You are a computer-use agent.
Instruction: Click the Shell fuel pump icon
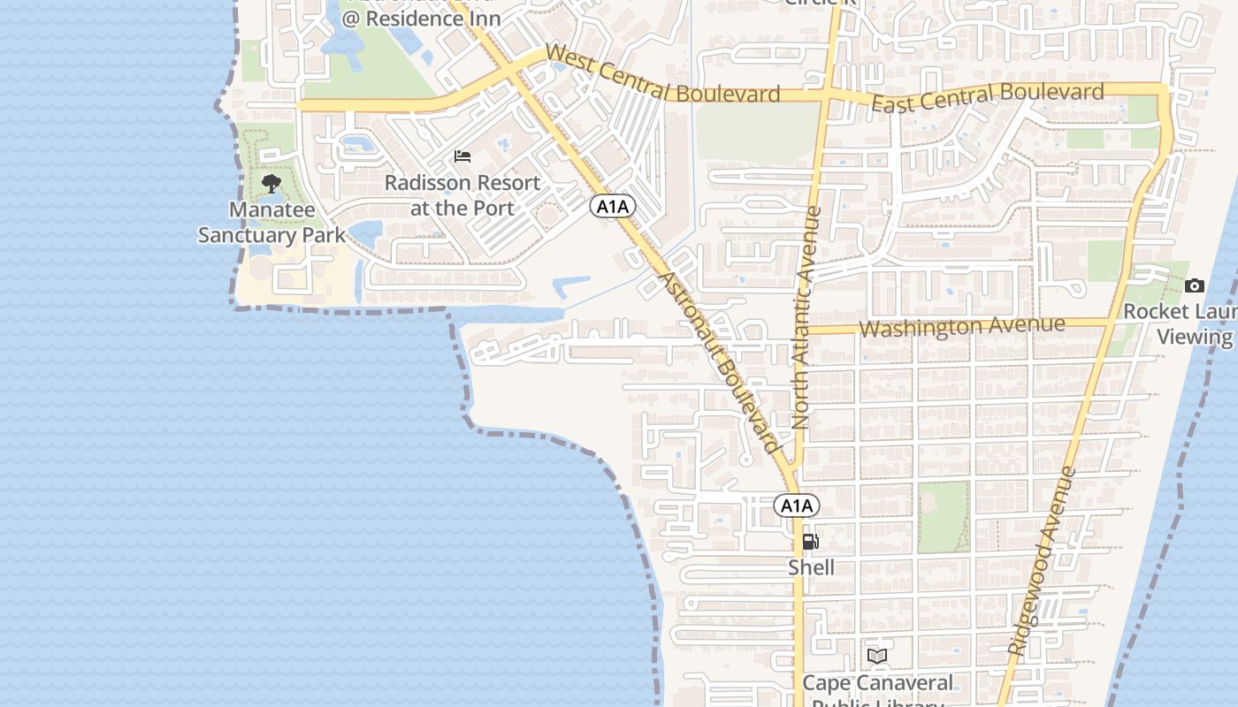(x=810, y=542)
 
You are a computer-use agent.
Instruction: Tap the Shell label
(x=811, y=567)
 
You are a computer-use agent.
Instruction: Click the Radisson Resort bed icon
(x=462, y=156)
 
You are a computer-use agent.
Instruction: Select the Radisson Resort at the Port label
(x=462, y=195)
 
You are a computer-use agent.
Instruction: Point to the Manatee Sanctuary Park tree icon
(x=271, y=184)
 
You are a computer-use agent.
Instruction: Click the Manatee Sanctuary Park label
(x=271, y=223)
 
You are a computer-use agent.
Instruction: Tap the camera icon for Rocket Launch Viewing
(x=1195, y=285)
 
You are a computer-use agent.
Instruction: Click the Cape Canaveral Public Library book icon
(x=877, y=656)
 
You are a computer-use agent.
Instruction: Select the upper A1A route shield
(x=614, y=207)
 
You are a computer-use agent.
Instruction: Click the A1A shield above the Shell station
(x=797, y=506)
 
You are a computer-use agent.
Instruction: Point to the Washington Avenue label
(x=962, y=327)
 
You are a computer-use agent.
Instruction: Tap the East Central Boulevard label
(x=988, y=96)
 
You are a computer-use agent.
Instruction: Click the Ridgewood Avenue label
(x=1042, y=561)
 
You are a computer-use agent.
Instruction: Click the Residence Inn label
(x=422, y=18)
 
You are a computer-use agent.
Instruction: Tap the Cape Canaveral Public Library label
(x=877, y=689)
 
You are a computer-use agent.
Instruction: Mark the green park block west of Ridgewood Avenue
(x=944, y=517)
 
